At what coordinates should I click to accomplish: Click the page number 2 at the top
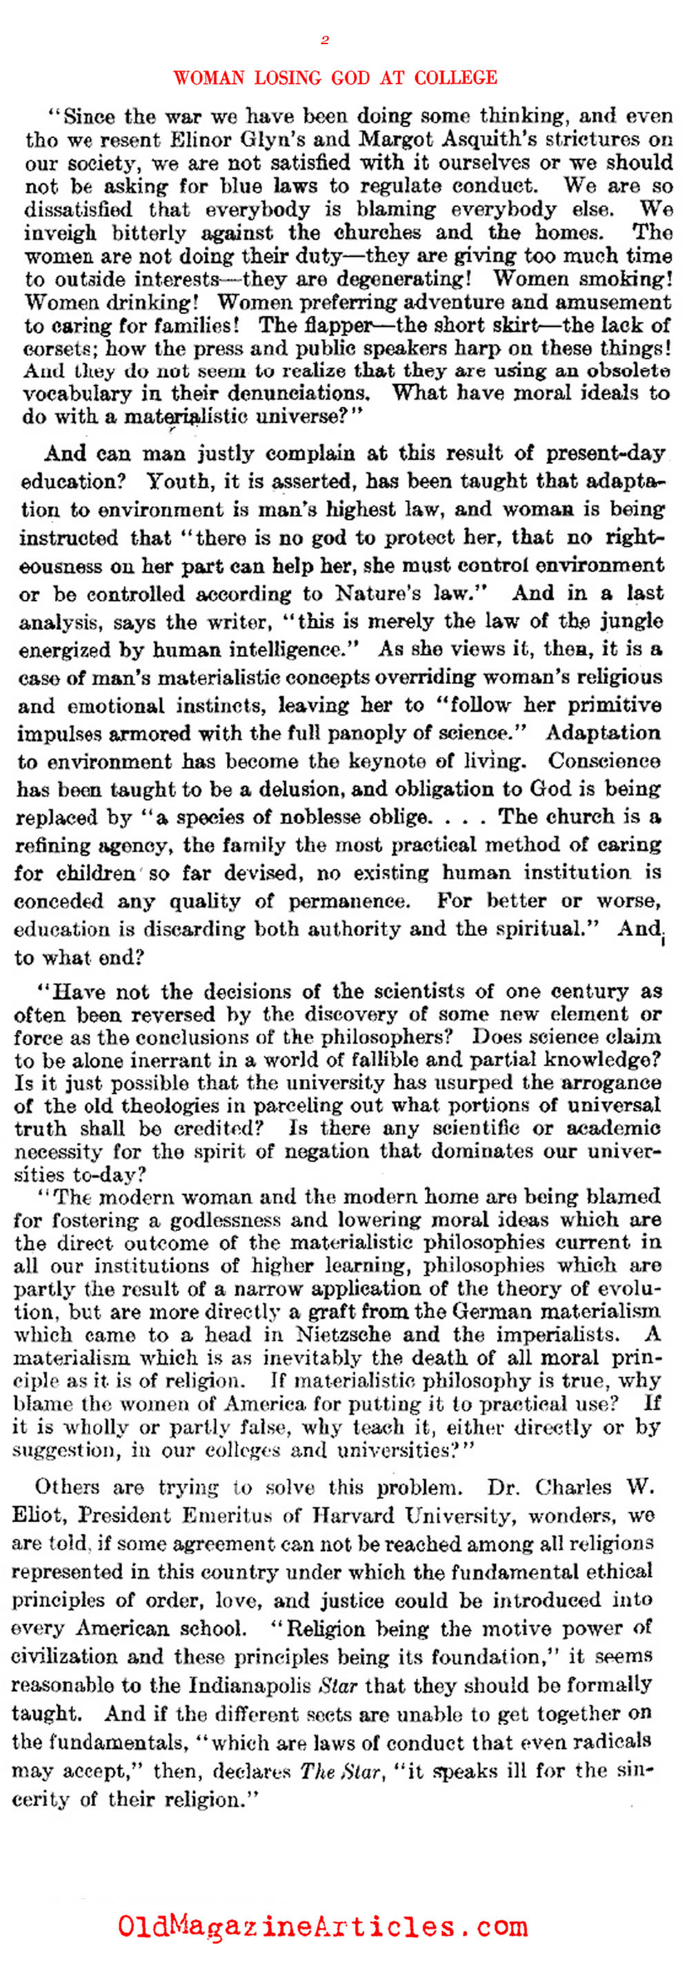coord(325,41)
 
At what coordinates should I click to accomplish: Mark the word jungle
coord(628,621)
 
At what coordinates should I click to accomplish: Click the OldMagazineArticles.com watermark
coord(322,1926)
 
